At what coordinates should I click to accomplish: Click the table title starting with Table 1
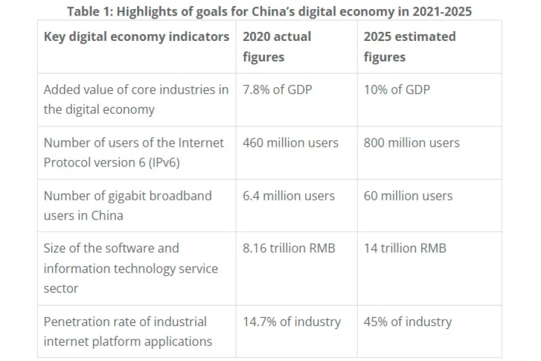(269, 10)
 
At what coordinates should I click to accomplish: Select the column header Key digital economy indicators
(136, 37)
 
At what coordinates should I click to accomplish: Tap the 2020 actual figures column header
(277, 46)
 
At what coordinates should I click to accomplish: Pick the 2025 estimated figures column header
(409, 46)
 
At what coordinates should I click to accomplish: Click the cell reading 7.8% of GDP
(277, 90)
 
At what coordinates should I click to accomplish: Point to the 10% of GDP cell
(397, 90)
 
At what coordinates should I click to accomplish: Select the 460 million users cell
(290, 143)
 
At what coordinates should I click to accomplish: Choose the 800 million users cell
(411, 143)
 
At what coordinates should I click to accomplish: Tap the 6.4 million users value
(289, 196)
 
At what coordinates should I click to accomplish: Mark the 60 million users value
(408, 196)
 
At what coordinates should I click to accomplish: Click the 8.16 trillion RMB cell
(289, 248)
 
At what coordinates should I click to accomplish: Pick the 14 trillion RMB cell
(405, 248)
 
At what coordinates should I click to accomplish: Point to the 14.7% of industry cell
(292, 322)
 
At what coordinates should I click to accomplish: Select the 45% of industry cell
(407, 322)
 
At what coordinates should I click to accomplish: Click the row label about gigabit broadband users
(127, 205)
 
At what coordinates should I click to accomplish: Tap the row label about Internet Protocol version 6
(133, 152)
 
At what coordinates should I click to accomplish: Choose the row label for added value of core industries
(136, 99)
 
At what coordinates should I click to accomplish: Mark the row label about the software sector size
(130, 268)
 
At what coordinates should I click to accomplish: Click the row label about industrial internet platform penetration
(127, 332)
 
